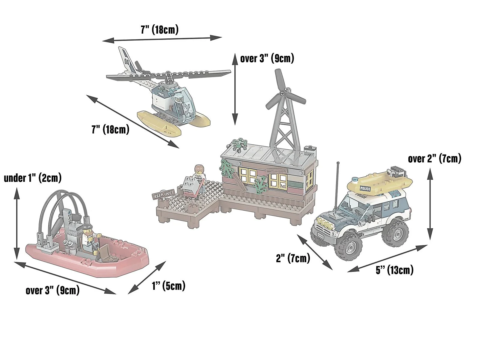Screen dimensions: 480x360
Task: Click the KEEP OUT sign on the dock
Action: pyautogui.click(x=163, y=194)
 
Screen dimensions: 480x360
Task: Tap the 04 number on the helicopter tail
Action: pyautogui.click(x=127, y=61)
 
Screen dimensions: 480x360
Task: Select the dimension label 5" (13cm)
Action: pyautogui.click(x=394, y=270)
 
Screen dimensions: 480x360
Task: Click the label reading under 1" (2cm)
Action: pyautogui.click(x=33, y=178)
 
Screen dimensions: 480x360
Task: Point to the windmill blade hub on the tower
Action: pyautogui.click(x=283, y=94)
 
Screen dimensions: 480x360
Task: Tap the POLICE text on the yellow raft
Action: pyautogui.click(x=365, y=188)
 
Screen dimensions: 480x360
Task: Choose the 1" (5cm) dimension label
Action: pyautogui.click(x=169, y=286)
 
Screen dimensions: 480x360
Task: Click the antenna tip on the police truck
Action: pyautogui.click(x=338, y=163)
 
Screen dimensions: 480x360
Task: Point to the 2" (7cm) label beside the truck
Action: pyautogui.click(x=293, y=258)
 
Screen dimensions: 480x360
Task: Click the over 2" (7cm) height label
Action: pyautogui.click(x=435, y=158)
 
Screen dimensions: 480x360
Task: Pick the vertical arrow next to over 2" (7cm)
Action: pyautogui.click(x=430, y=204)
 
